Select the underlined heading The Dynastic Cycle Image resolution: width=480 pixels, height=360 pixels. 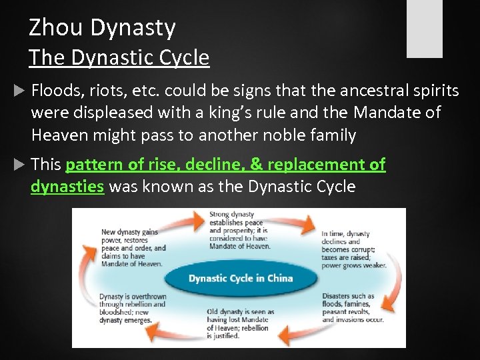[119, 58]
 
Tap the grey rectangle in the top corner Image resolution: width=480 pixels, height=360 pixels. [425, 29]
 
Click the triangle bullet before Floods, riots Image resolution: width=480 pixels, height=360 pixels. [19, 90]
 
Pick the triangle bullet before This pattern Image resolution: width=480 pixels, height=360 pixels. [19, 165]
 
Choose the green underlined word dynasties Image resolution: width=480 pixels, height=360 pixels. [67, 187]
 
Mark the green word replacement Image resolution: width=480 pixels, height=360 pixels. [320, 165]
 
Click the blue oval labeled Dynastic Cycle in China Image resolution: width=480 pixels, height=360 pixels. [240, 277]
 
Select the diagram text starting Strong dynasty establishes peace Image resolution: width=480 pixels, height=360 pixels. [240, 231]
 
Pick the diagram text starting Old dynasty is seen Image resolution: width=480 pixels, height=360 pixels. [238, 323]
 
